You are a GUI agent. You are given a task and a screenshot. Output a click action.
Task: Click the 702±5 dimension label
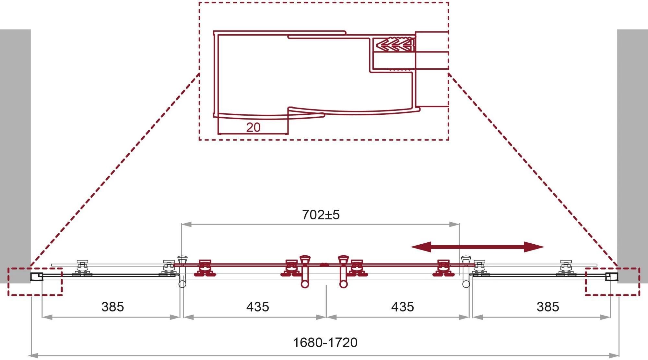321,215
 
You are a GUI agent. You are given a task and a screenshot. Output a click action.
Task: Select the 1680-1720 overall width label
325,343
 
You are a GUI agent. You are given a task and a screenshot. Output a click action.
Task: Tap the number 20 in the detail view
253,127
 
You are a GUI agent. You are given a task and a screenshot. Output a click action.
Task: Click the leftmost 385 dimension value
112,307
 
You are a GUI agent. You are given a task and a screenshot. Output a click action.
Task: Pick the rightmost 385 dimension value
548,307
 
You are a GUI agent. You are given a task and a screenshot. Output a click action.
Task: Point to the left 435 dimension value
257,307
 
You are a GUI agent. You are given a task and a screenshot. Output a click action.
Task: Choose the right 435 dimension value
402,307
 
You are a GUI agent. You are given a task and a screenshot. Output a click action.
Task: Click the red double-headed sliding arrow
477,247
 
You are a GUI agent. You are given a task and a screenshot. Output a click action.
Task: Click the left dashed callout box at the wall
35,281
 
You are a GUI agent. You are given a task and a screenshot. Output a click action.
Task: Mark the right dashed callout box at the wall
612,281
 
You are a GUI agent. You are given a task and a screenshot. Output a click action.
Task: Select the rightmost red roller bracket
442,268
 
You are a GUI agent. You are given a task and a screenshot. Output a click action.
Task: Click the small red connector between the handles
324,264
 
